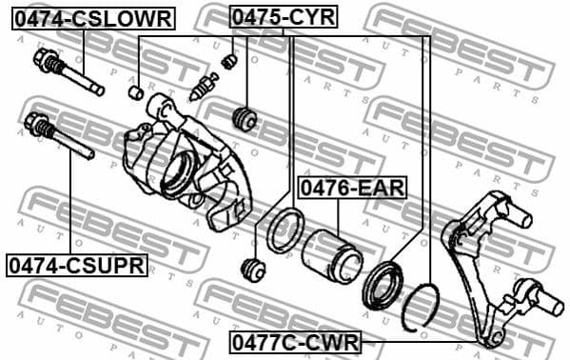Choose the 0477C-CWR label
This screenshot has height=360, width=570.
point(295,341)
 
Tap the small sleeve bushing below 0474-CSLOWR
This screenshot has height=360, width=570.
point(136,92)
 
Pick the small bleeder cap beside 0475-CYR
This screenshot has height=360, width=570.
point(228,62)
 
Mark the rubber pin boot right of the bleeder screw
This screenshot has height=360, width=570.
point(246,118)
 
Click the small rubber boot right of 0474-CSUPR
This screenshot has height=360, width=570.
point(253,270)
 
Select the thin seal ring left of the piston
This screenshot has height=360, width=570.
point(285,230)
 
